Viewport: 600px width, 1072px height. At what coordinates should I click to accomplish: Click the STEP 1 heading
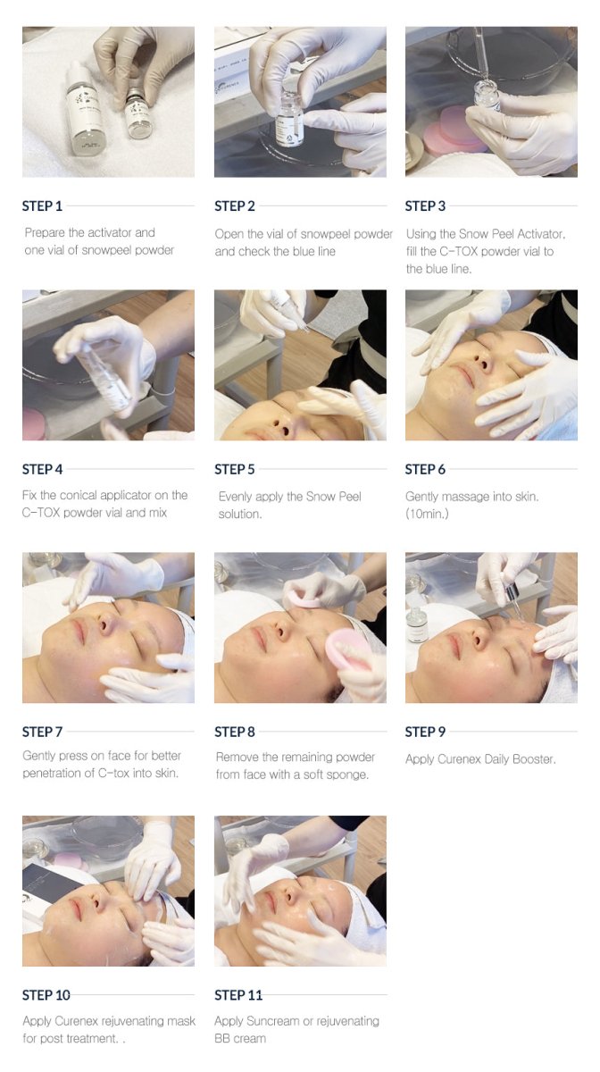[x=43, y=206]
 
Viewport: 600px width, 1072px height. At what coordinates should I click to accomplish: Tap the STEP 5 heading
[x=235, y=469]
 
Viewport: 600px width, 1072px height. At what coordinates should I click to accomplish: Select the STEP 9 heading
[x=425, y=732]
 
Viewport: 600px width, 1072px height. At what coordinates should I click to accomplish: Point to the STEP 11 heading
[x=237, y=995]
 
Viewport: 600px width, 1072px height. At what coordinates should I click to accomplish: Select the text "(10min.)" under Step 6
[x=430, y=514]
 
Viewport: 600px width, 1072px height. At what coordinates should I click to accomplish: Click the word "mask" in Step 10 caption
[x=176, y=1020]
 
